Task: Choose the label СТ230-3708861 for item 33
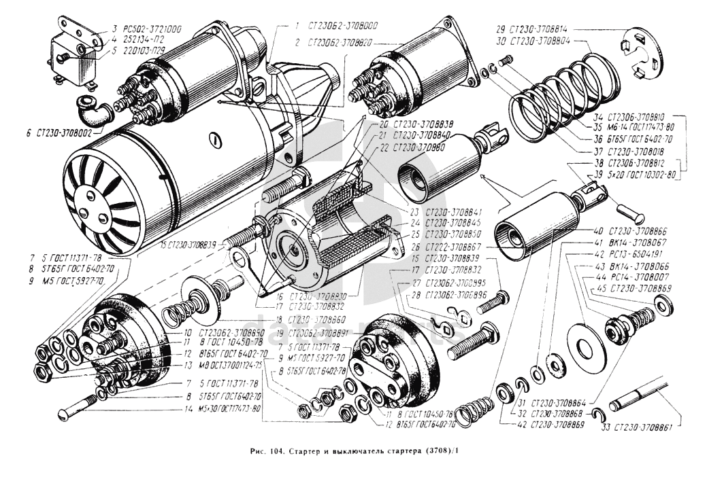pos(643,427)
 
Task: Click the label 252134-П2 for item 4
pos(133,40)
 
